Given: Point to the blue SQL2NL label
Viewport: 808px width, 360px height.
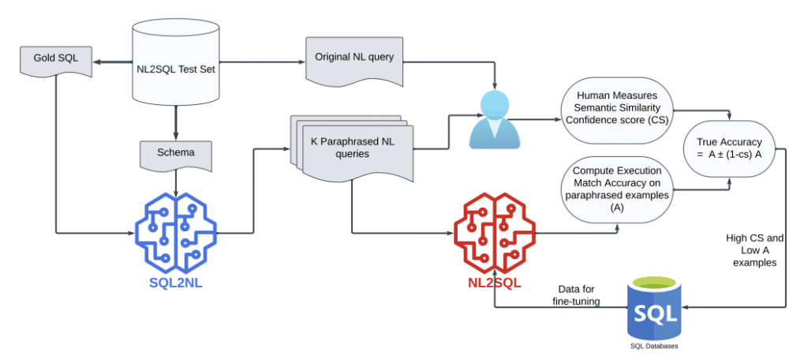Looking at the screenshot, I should click(x=175, y=282).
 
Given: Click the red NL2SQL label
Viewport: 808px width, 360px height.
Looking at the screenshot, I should click(x=494, y=282).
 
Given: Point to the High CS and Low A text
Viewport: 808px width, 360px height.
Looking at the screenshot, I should click(x=754, y=250).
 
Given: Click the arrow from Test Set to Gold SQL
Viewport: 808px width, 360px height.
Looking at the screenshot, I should click(x=110, y=58).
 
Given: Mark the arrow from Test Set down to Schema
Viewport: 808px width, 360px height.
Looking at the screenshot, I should click(x=174, y=122).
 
